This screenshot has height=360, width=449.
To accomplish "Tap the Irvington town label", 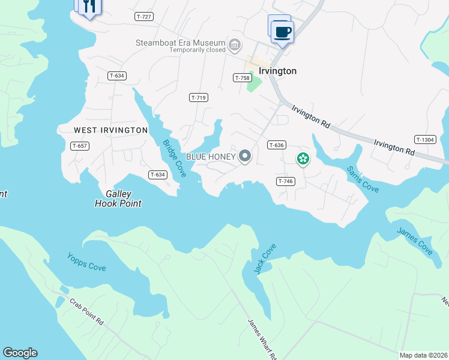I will click(277, 71).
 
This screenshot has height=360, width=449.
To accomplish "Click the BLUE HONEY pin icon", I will click(245, 157).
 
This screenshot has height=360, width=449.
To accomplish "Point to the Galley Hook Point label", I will click(118, 199).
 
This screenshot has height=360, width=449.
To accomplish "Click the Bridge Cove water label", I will click(174, 158).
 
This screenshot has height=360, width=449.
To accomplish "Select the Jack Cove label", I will click(265, 259).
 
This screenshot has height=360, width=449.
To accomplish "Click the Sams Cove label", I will click(363, 179).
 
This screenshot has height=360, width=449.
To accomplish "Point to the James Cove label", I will click(414, 242).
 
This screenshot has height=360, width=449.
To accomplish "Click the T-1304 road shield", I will click(424, 139).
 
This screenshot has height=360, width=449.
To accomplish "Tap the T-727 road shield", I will click(144, 17).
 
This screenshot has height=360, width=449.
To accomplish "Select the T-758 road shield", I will click(242, 78).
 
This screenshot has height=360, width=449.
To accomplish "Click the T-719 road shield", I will click(198, 97).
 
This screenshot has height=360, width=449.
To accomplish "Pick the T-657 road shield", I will click(80, 146).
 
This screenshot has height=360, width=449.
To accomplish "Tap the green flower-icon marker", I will click(303, 158).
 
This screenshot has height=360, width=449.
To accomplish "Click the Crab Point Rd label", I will click(86, 312).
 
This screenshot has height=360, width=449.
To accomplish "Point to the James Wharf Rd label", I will click(261, 339).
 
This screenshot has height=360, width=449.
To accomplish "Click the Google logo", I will click(20, 353).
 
